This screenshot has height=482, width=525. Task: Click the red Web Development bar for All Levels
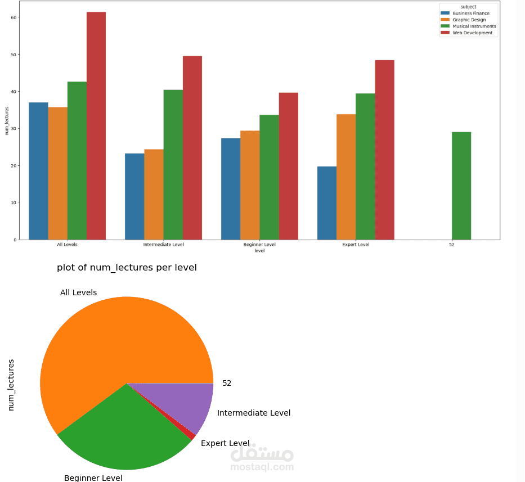96,126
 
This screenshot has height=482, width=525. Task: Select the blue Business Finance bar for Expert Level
327,203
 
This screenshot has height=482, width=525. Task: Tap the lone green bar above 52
461,186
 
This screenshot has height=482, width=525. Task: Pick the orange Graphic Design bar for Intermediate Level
154,195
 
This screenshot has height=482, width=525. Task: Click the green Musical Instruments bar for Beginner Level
269,177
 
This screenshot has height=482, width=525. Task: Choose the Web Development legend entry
473,33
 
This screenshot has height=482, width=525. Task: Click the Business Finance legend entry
471,13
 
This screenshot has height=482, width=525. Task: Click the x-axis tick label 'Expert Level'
356,245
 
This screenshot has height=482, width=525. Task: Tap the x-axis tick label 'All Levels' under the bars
67,245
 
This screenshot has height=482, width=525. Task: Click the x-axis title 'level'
259,251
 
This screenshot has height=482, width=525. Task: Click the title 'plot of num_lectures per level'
127,268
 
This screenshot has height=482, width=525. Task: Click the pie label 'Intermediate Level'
254,413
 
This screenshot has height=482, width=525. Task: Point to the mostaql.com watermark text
262,467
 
